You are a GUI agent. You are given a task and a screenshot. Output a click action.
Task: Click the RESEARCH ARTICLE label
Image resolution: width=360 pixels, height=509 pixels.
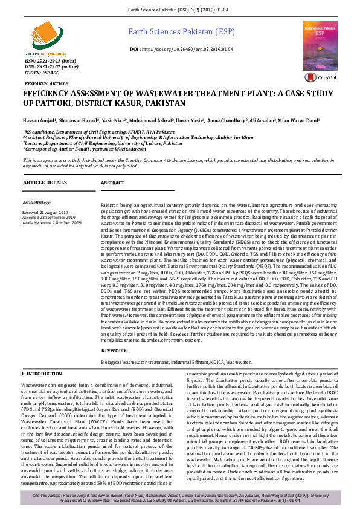[x=47, y=83]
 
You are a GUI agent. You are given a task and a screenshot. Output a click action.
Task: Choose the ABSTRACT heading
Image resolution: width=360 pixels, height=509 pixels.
[x=112, y=183]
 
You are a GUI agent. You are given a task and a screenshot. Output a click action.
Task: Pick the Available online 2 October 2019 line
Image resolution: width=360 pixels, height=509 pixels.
[x=52, y=223]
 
